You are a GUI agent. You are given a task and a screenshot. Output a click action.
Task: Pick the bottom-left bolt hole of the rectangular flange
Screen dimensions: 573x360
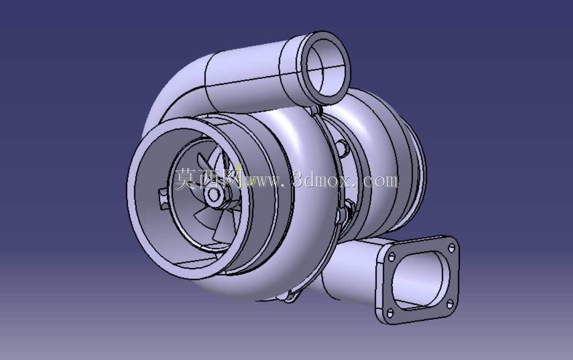[390, 313]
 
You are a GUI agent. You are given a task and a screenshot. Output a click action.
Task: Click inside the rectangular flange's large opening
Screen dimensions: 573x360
[420, 280]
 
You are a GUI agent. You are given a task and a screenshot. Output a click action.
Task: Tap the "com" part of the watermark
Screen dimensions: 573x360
[380, 181]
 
